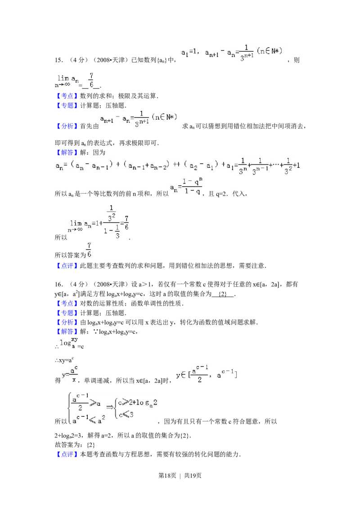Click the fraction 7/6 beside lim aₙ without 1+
91,80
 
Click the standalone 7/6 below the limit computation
89,251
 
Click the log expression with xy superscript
69,343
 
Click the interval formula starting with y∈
207,374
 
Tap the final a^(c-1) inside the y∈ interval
227,375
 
